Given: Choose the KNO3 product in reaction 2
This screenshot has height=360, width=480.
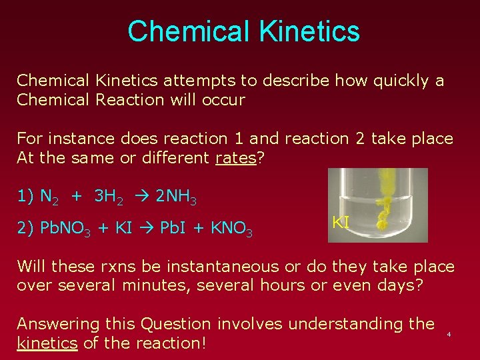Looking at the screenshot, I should [231, 230].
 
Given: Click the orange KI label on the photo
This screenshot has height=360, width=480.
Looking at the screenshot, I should [340, 223].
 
